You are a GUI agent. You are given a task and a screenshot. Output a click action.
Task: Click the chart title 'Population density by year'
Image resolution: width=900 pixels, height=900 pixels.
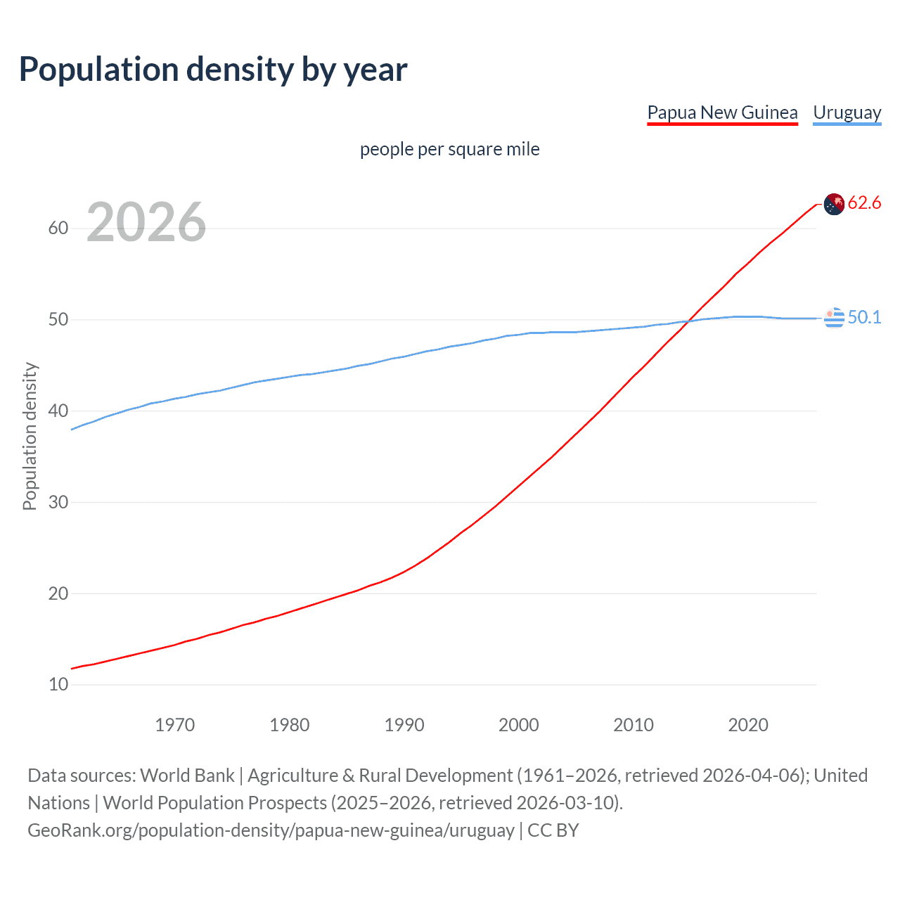point(213,70)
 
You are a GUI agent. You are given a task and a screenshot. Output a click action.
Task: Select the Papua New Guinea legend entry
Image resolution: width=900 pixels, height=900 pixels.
point(722,112)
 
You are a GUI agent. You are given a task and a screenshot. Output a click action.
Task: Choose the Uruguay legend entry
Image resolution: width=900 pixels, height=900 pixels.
point(847,112)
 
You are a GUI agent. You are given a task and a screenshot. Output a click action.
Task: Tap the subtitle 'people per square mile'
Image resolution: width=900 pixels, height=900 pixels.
point(449,149)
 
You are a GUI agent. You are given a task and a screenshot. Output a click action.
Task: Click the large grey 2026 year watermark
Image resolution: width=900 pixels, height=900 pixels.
point(146,222)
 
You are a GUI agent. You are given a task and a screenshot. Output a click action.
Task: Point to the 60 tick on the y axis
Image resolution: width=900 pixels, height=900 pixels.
point(58,229)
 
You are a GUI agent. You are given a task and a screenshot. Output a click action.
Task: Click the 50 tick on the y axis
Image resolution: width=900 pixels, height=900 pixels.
point(58,320)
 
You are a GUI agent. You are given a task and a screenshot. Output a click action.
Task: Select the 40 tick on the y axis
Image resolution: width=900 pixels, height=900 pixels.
point(58,411)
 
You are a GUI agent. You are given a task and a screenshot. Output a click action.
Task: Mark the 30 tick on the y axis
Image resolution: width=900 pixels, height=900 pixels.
point(58,502)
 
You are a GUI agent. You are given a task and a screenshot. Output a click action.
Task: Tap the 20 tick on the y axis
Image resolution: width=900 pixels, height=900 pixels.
point(58,593)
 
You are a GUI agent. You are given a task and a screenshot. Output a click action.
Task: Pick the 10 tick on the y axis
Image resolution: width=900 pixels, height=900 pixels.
point(58,684)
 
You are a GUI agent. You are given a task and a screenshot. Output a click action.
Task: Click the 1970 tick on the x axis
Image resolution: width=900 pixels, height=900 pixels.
point(174,725)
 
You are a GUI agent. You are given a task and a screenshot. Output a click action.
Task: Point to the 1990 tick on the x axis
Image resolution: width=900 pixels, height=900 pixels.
point(404,725)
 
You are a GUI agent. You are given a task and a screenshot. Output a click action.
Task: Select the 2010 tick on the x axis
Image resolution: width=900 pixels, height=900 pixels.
point(634,725)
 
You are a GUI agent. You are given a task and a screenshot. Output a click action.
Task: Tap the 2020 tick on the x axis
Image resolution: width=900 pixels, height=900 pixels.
point(748,725)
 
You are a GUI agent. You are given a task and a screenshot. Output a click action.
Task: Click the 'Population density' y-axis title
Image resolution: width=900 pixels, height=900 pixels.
point(30,436)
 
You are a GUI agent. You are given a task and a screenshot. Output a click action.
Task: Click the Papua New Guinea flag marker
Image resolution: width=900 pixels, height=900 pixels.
point(834,204)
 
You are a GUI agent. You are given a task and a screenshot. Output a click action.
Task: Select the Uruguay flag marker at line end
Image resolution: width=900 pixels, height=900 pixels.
point(834,318)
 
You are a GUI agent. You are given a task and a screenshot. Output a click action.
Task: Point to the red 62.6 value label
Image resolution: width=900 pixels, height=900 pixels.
point(864,203)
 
